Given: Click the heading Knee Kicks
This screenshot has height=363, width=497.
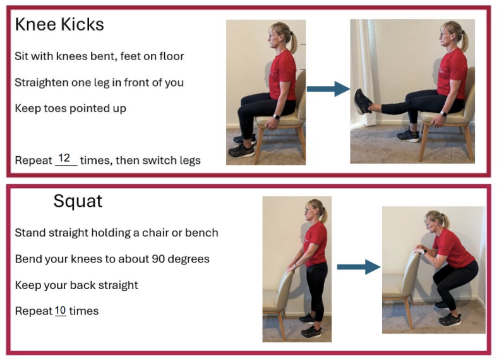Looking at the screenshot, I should [59, 25].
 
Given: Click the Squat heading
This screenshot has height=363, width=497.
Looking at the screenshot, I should [78, 201].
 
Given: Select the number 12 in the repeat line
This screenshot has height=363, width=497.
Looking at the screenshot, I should [64, 157].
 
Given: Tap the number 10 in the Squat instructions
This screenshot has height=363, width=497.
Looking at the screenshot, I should [60, 310].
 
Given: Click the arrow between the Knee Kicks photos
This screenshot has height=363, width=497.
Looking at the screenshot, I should [328, 89].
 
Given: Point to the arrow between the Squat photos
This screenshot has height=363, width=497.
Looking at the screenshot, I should [358, 268].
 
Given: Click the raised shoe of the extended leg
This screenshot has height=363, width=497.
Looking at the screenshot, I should [362, 101].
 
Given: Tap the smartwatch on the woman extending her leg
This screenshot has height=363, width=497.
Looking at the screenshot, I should [443, 114].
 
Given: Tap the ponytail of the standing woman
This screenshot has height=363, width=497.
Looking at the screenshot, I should [324, 215].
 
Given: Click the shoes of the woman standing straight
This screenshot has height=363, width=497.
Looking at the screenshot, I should [309, 326].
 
